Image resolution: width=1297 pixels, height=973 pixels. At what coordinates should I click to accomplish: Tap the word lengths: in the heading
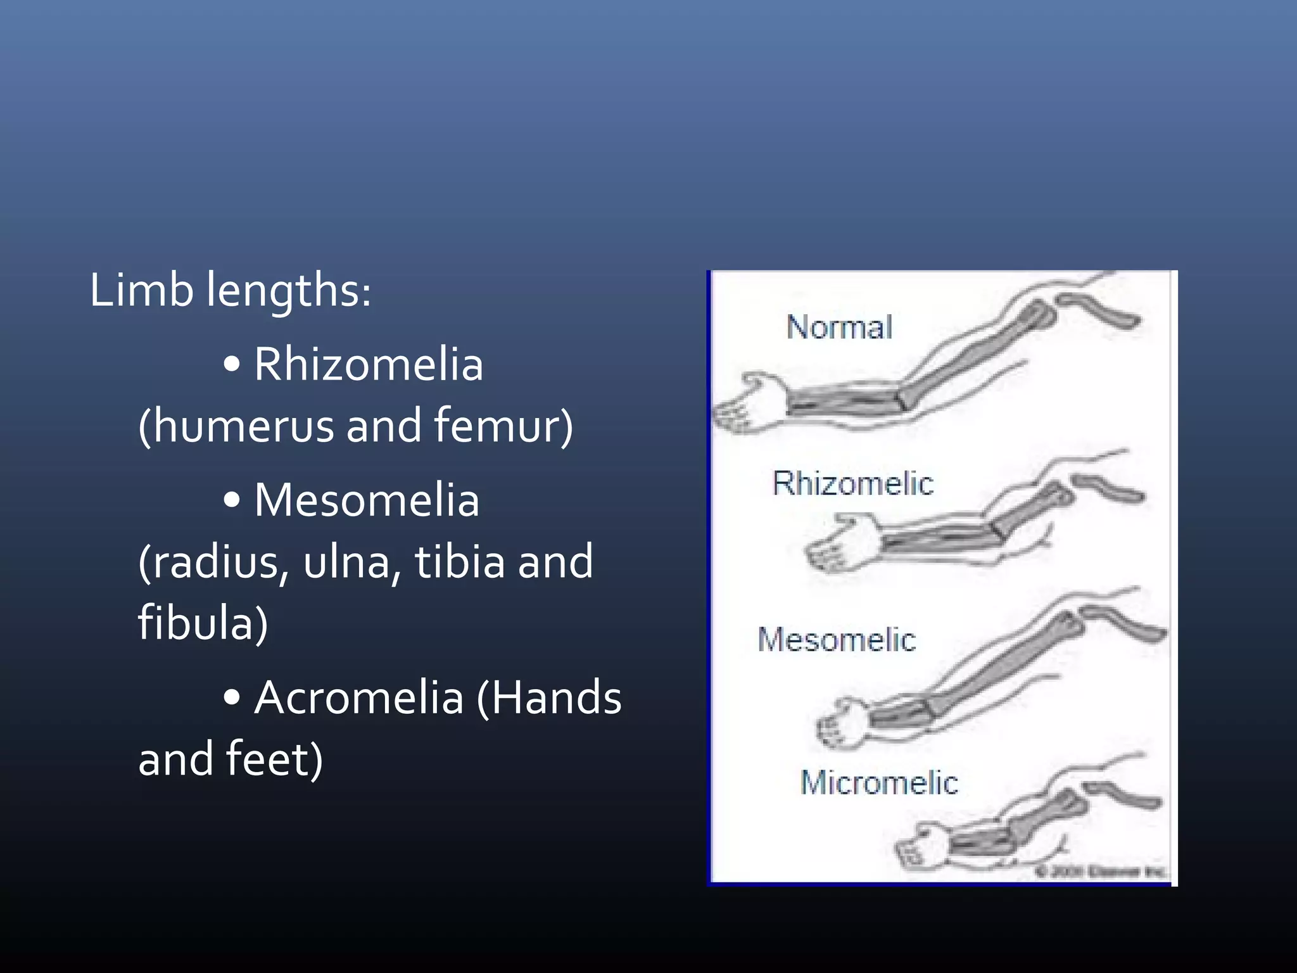tap(289, 291)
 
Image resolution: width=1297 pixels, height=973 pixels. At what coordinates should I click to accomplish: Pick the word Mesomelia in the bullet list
tap(367, 500)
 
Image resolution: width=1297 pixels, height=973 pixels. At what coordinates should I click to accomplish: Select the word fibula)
tap(203, 623)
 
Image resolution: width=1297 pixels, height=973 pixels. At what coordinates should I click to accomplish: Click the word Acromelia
tap(359, 697)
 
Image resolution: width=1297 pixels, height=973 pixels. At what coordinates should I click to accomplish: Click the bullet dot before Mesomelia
tap(232, 500)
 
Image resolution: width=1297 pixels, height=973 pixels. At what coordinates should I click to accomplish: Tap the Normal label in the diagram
tap(839, 328)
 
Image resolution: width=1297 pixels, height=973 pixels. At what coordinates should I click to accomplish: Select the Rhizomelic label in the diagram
tap(852, 484)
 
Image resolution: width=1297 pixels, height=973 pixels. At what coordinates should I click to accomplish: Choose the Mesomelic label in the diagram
tap(837, 640)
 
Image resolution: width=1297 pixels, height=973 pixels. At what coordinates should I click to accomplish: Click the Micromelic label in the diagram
tap(879, 783)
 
